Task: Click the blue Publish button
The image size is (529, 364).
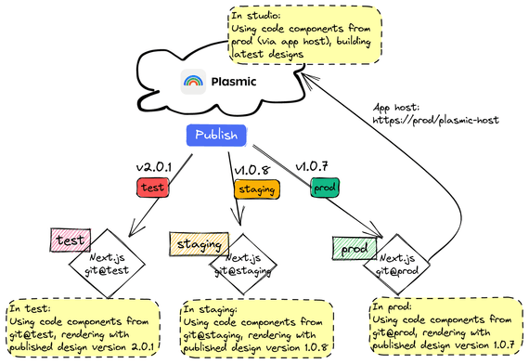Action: click(x=221, y=136)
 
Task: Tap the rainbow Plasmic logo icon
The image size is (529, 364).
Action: click(x=192, y=82)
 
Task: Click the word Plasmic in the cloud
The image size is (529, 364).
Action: click(x=232, y=83)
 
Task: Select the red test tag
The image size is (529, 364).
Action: click(x=152, y=188)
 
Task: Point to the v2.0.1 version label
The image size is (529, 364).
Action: click(x=155, y=168)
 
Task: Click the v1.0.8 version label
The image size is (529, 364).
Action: click(x=252, y=170)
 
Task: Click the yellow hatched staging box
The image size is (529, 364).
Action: click(x=198, y=245)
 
